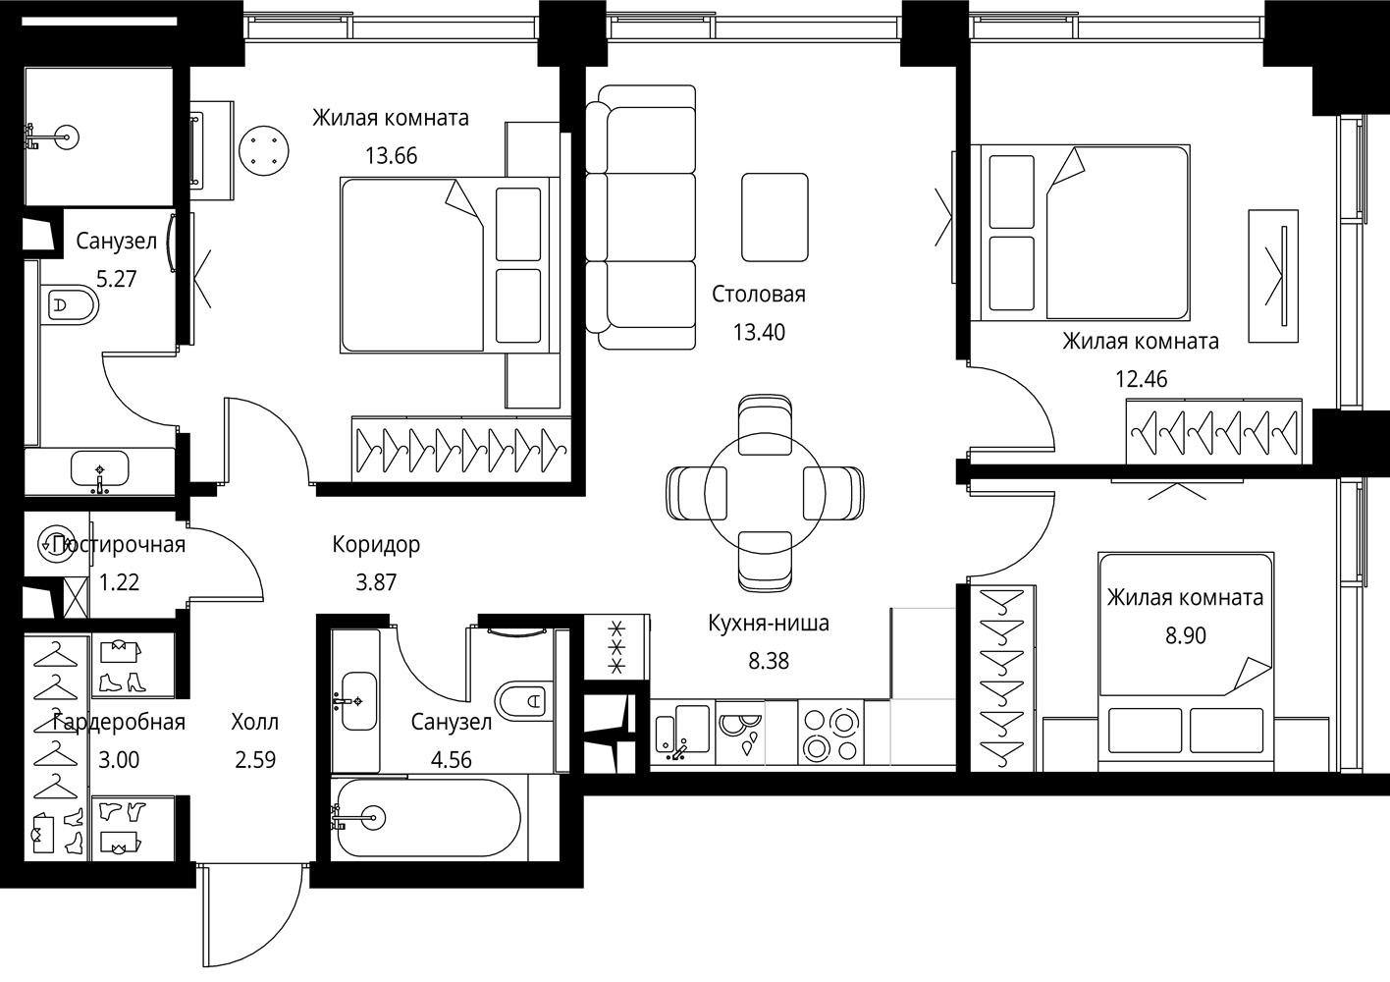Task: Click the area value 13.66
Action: [391, 156]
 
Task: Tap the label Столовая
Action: [758, 295]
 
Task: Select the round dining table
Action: [765, 493]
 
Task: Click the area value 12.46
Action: [1142, 379]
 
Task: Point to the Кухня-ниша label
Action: [769, 623]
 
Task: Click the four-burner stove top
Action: [830, 733]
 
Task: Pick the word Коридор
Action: [376, 544]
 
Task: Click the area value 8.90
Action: [1185, 635]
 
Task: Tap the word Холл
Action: [255, 722]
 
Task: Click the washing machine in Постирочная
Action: [57, 544]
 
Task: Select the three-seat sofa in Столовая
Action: [640, 217]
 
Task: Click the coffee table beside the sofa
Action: [775, 217]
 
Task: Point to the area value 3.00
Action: [119, 760]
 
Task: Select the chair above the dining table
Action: [765, 420]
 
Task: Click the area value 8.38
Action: [769, 661]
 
